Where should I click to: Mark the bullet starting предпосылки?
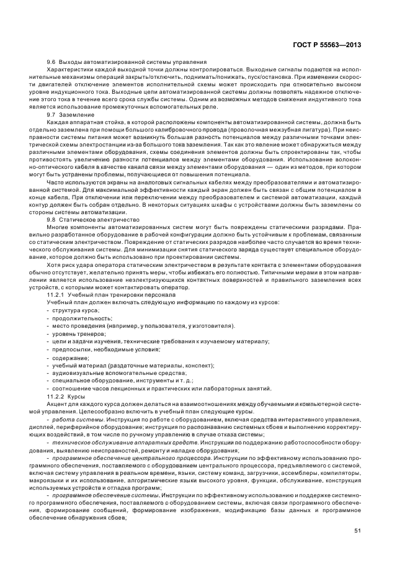point(99,349)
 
